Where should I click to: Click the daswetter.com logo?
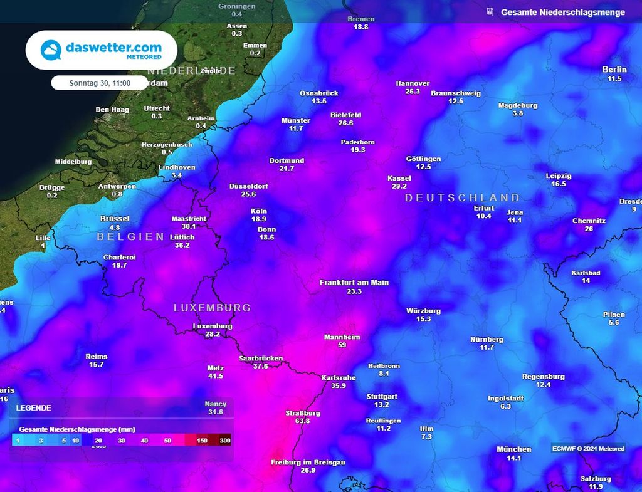point(101,50)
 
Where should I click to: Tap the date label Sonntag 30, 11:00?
point(100,83)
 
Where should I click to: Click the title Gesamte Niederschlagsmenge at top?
point(562,12)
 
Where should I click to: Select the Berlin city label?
point(614,70)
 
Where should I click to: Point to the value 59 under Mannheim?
point(342,345)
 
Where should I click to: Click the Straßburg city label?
point(303,413)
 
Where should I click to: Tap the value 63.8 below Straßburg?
point(303,421)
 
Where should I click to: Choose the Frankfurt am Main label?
point(354,283)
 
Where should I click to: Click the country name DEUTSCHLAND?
point(462,197)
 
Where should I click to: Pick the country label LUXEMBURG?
point(212,308)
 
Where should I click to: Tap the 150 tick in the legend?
point(203,441)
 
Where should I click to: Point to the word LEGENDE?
point(34,407)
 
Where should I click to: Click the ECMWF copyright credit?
point(588,448)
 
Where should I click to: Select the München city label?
point(513,449)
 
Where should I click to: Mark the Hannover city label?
point(413,83)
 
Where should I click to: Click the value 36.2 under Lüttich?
point(182,245)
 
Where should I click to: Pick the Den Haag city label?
point(112,110)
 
